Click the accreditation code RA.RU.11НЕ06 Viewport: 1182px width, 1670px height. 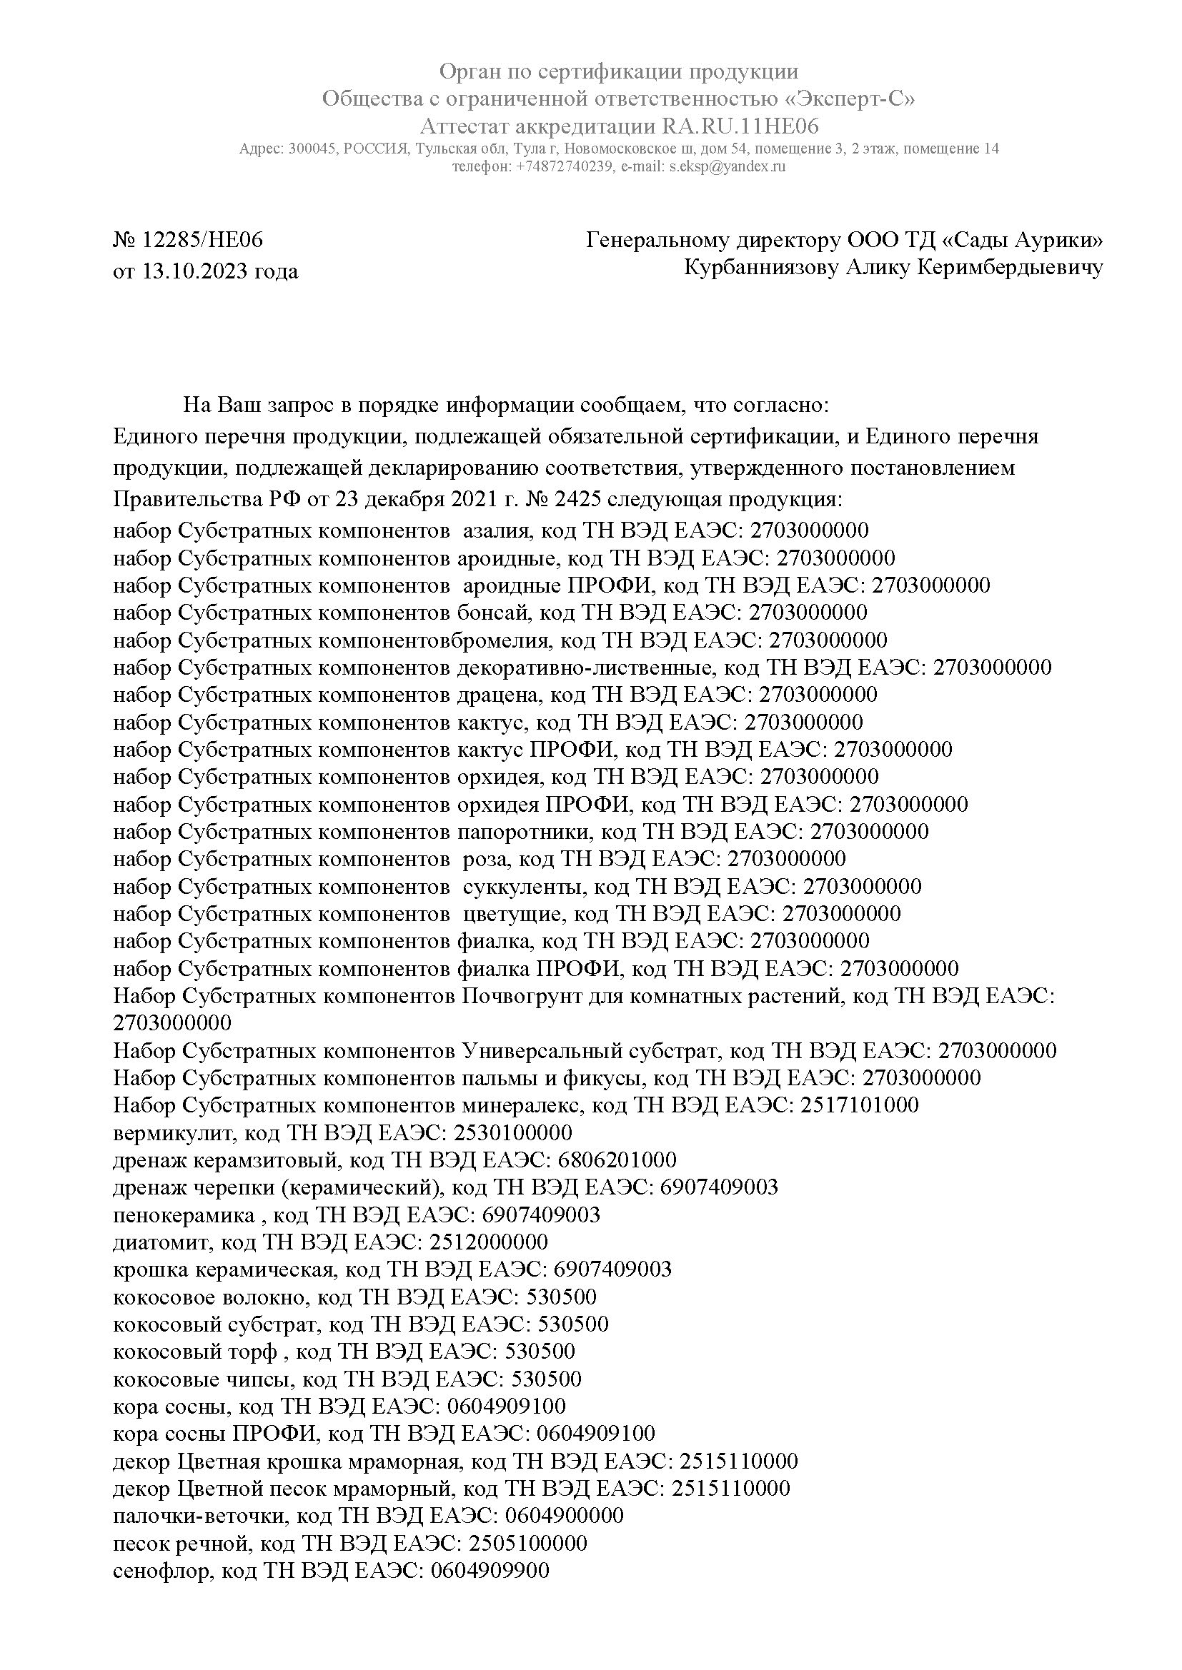point(740,126)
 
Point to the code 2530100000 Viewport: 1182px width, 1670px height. point(512,1132)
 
